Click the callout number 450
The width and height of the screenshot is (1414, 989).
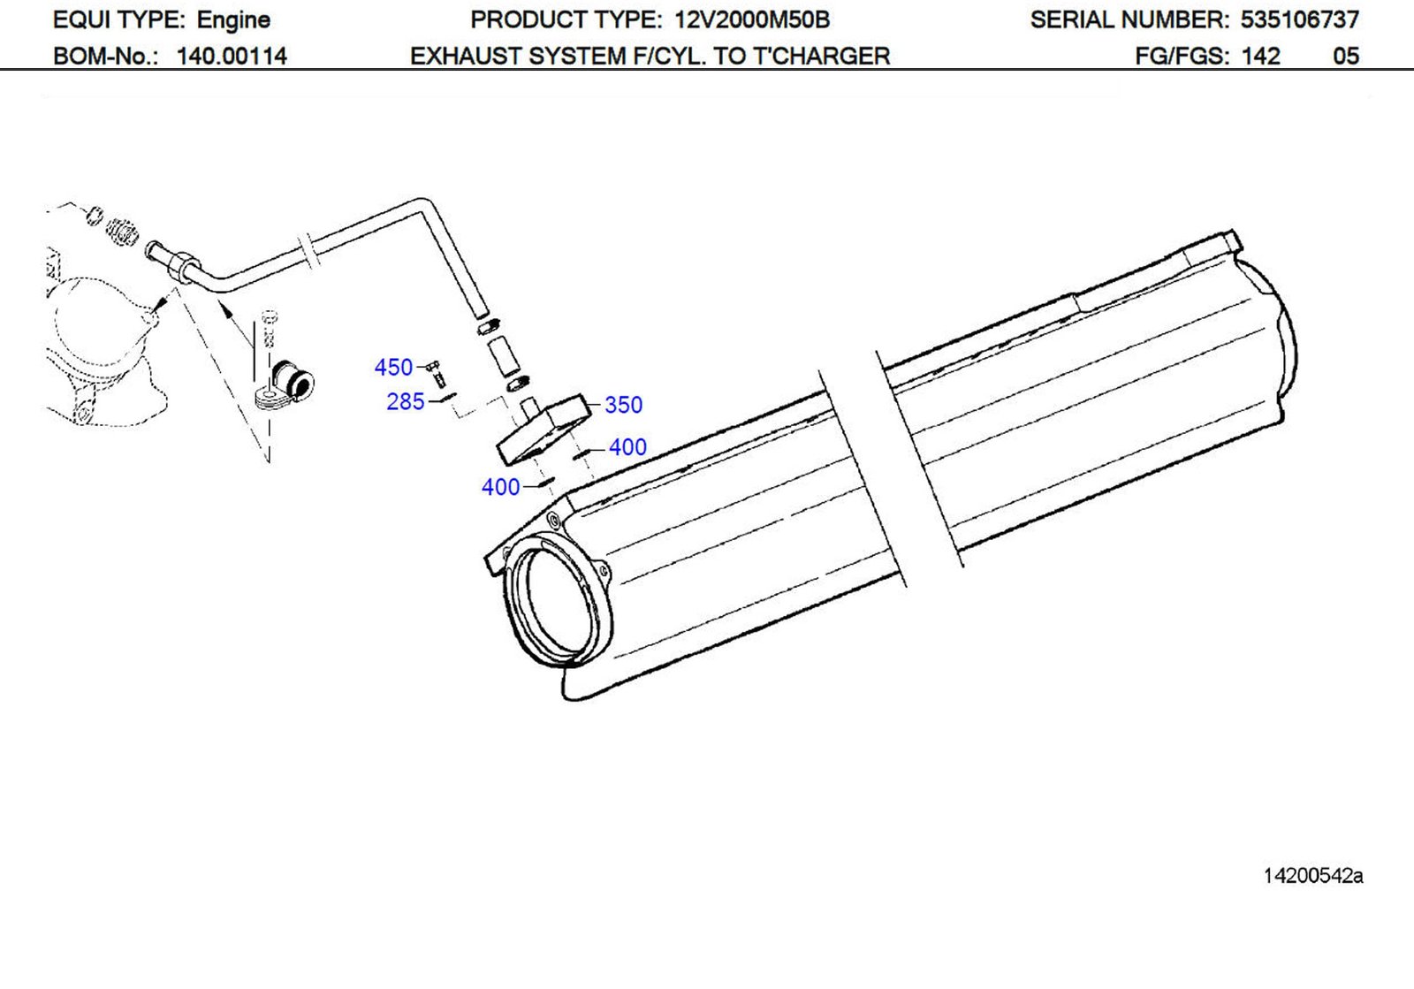click(x=393, y=367)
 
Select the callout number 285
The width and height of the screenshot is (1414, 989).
click(x=406, y=401)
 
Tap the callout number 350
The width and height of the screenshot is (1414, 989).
click(x=623, y=405)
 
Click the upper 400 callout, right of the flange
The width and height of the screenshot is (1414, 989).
click(x=627, y=447)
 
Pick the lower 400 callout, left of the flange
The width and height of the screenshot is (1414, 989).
click(x=500, y=487)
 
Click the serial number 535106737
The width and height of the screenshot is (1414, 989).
click(x=1299, y=19)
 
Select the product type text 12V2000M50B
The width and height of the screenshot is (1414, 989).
click(x=751, y=19)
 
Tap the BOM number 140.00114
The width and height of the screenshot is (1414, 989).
click(x=232, y=57)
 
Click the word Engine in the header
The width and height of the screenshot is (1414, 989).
click(x=233, y=19)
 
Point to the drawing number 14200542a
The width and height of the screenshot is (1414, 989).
click(x=1312, y=876)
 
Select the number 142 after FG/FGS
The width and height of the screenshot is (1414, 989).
click(x=1260, y=57)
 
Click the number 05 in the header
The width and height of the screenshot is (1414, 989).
click(x=1345, y=57)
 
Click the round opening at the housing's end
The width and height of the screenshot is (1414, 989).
click(x=557, y=606)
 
